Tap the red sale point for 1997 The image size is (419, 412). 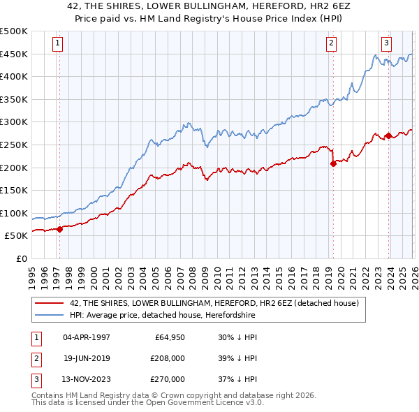[x=59, y=228]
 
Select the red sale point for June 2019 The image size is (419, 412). [x=333, y=164]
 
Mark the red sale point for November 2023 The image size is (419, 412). [x=388, y=135]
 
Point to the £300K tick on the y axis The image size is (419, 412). [x=14, y=122]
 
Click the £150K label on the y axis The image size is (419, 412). [x=14, y=190]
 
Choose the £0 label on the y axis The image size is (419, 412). [x=20, y=258]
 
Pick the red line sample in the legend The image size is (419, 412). [x=49, y=303]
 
